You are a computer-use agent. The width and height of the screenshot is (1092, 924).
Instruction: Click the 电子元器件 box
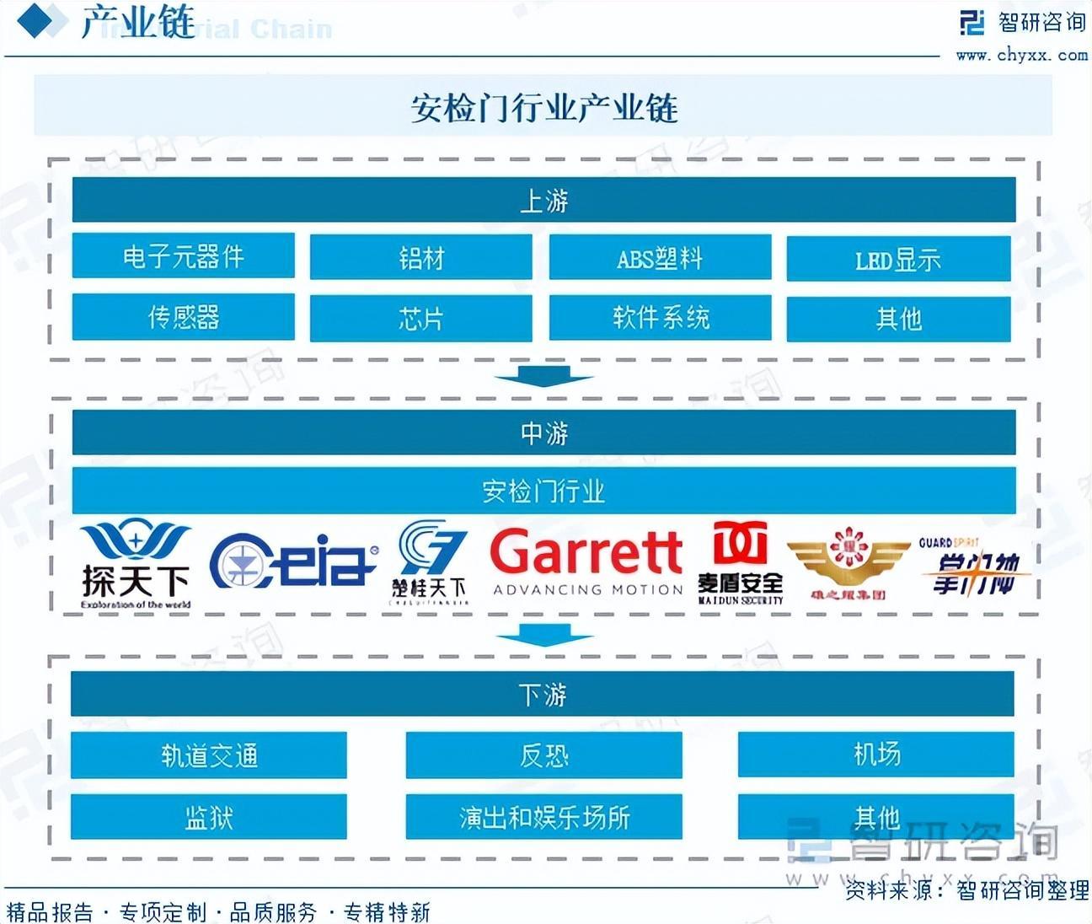[183, 255]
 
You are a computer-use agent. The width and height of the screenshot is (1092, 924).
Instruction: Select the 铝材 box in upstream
[420, 257]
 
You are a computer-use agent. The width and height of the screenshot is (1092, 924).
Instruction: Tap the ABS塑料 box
[660, 257]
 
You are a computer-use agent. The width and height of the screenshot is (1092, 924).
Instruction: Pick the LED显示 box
[898, 259]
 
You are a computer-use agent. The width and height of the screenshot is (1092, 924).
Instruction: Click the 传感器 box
[183, 317]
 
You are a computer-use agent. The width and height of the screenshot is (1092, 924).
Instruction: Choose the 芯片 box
[420, 319]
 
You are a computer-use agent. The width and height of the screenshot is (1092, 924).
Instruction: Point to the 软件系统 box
[660, 318]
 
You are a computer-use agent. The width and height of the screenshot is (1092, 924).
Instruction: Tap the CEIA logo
[292, 561]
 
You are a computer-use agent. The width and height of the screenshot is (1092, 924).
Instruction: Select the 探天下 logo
[136, 564]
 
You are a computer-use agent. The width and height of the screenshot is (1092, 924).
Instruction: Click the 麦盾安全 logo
[741, 563]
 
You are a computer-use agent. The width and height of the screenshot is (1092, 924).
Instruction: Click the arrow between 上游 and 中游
[543, 376]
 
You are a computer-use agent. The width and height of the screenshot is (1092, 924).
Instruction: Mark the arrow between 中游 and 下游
[543, 635]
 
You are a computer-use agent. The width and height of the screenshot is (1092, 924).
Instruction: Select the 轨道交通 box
[208, 755]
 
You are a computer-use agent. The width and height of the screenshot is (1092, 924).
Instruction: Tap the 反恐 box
[543, 755]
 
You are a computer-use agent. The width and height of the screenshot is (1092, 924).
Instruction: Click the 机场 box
[875, 754]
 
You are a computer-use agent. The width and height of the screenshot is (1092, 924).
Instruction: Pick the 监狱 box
[208, 816]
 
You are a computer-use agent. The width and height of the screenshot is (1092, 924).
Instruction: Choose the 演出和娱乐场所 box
[543, 816]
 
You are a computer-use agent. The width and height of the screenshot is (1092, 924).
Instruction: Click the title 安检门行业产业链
[543, 108]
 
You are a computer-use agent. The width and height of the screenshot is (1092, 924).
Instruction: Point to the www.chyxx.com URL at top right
[1021, 55]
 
